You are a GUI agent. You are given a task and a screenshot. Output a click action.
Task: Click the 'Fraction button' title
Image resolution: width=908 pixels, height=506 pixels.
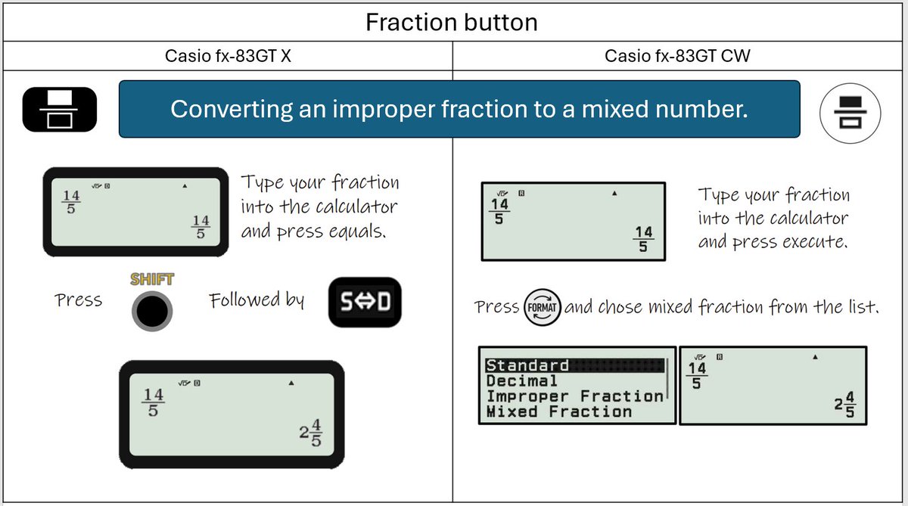point(452,22)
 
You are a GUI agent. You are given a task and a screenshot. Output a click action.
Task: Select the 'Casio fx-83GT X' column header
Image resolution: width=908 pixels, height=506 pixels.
point(228,56)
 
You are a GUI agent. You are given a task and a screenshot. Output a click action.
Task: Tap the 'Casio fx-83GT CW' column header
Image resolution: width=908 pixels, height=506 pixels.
point(677,56)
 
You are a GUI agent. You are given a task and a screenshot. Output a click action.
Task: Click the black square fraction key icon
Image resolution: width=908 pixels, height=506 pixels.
point(60,110)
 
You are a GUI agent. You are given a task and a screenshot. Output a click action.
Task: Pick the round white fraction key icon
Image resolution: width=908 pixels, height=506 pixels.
point(850,113)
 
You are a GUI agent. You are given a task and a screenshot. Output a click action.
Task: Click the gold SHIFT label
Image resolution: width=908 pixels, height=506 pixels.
point(152,279)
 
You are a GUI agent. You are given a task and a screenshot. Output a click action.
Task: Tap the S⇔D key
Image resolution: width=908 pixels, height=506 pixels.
point(365,303)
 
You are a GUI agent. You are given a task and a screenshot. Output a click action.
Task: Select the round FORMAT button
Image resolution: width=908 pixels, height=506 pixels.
point(542,308)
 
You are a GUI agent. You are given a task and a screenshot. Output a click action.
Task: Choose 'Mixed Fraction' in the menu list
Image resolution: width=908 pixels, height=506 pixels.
point(559,411)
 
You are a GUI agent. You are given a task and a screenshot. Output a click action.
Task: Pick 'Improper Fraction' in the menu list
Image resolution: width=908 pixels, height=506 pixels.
point(574,396)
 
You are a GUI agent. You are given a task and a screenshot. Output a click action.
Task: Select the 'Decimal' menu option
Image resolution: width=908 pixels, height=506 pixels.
point(521,380)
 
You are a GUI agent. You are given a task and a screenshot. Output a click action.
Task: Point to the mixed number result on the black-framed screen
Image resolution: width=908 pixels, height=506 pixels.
point(311,433)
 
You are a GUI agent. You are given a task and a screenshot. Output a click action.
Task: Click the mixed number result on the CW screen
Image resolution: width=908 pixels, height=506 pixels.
point(845,404)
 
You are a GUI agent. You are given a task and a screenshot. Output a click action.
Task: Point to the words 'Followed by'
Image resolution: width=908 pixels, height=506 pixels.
point(257,300)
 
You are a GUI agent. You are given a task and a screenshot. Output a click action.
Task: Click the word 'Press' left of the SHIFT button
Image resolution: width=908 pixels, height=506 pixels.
point(78,300)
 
